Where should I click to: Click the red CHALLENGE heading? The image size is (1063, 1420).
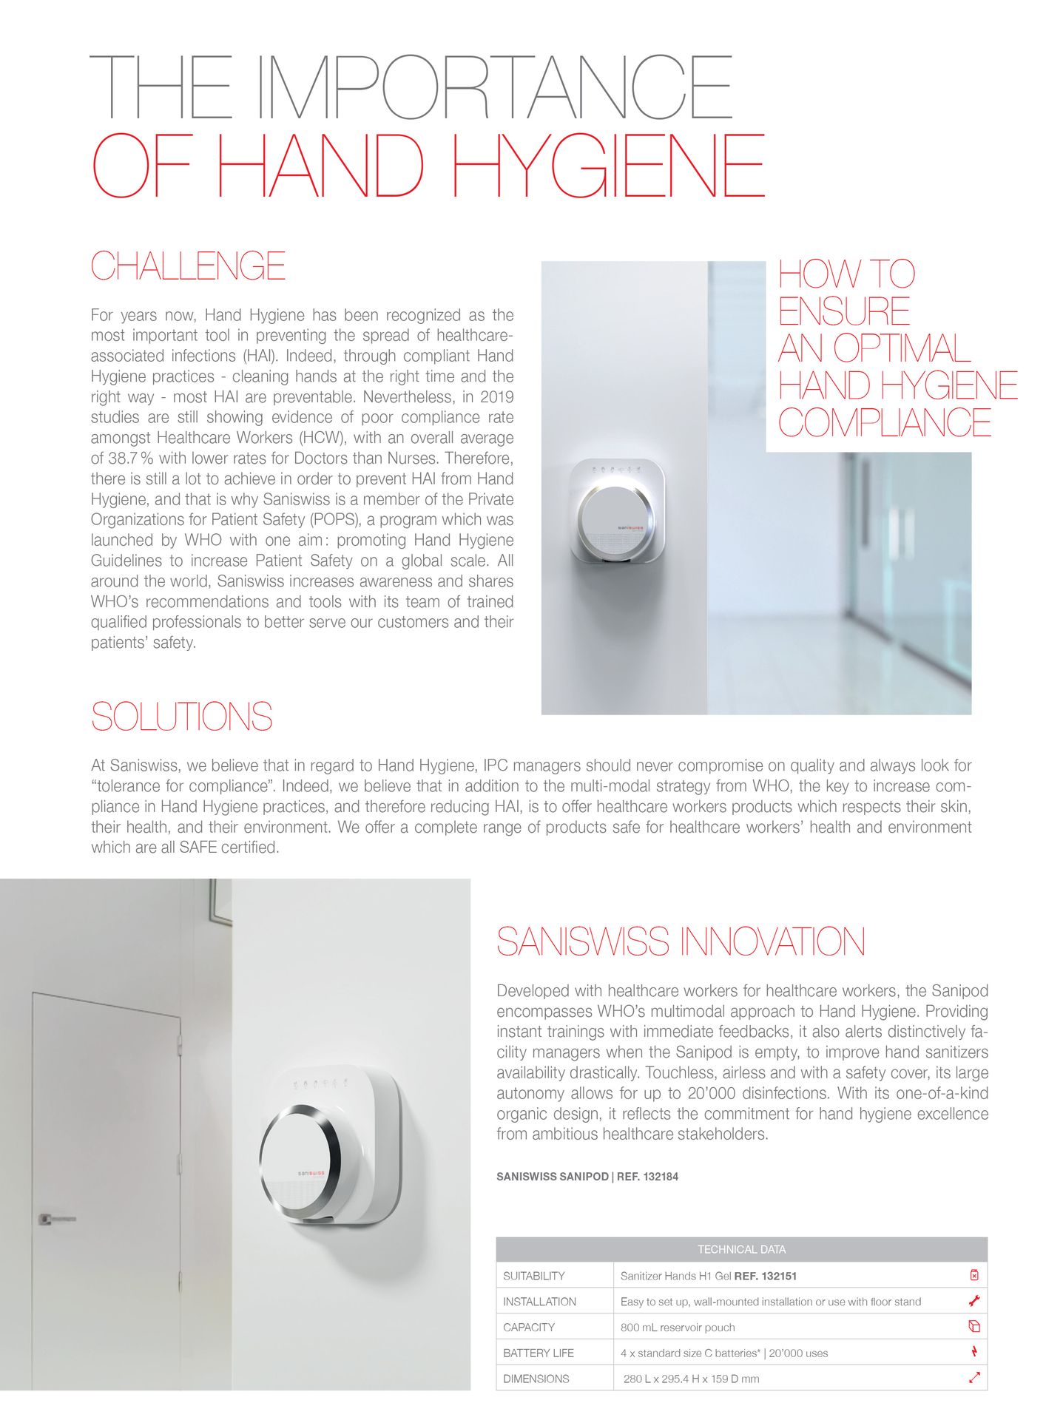tap(188, 266)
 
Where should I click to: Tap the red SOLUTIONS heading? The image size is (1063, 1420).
tap(181, 717)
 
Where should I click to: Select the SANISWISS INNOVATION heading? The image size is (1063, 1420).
tap(681, 941)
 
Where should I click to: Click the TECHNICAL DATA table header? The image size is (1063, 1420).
tap(741, 1250)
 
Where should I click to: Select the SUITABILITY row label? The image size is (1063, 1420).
tap(533, 1276)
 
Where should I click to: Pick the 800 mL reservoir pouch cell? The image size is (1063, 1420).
tap(677, 1328)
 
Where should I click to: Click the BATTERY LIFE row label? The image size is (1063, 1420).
tap(538, 1353)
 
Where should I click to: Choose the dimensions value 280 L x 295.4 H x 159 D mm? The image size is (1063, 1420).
tap(691, 1379)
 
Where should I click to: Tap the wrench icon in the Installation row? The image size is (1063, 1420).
tap(973, 1301)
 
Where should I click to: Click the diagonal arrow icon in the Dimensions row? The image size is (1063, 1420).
tap(973, 1378)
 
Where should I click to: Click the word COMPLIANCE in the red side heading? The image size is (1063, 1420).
tap(884, 423)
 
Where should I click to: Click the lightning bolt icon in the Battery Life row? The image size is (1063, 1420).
tap(973, 1352)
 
